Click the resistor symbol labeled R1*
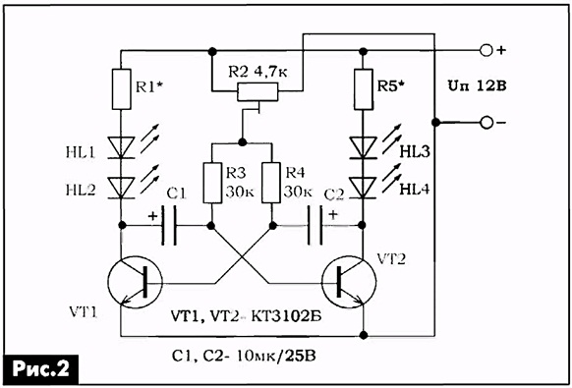click(x=121, y=89)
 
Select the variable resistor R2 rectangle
click(x=257, y=91)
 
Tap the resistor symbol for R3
click(x=212, y=183)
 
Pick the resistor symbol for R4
click(x=271, y=183)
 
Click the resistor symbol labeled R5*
click(x=364, y=89)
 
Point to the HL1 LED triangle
click(x=121, y=147)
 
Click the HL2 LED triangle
click(x=121, y=188)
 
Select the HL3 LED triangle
click(x=364, y=147)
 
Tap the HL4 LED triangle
click(x=364, y=188)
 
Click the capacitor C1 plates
click(x=168, y=225)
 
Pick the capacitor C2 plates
click(x=315, y=225)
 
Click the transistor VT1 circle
click(x=135, y=283)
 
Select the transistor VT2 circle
click(x=349, y=283)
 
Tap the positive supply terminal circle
click(x=486, y=50)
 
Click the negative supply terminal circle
click(x=486, y=123)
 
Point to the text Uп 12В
click(x=477, y=86)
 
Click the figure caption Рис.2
click(x=40, y=369)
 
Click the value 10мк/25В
click(x=275, y=356)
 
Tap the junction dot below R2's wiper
click(x=241, y=141)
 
